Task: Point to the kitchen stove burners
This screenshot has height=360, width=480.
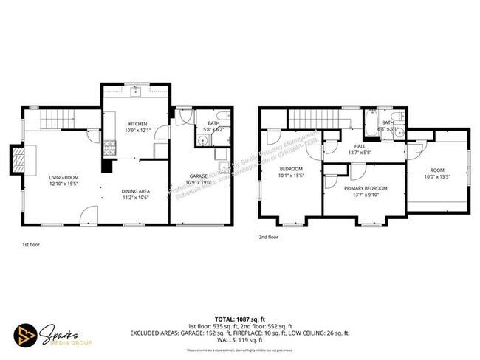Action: pos(108,145)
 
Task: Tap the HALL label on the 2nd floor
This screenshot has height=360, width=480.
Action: pos(360,146)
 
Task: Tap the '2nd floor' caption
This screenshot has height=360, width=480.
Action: pos(269,238)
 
